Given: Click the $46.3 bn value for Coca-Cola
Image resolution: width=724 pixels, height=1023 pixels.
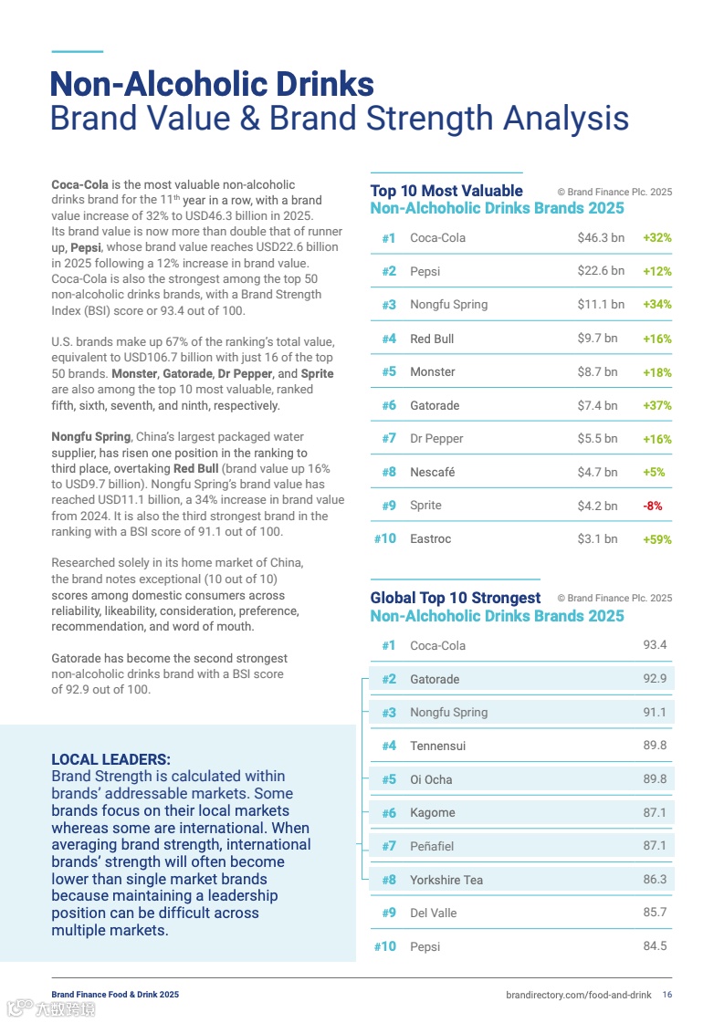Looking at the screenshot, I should click(601, 237).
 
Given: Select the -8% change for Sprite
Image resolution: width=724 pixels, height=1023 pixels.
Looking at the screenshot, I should click(653, 506).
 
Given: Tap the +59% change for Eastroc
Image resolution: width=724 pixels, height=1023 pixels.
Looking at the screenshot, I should click(656, 539).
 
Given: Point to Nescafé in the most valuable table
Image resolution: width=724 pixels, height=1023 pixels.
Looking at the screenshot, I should click(433, 472).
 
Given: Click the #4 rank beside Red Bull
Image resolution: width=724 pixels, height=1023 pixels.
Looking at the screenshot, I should click(389, 339).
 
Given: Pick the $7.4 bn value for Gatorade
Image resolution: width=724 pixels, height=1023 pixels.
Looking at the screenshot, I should click(597, 405).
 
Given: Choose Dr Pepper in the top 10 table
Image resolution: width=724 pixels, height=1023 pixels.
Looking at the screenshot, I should click(436, 438).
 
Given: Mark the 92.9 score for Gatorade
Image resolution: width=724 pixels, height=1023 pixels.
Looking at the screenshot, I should click(655, 679).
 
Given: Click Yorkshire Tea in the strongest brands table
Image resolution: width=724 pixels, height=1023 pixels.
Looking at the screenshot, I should click(446, 880).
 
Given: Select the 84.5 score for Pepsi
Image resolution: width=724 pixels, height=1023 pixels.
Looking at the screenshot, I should click(655, 946).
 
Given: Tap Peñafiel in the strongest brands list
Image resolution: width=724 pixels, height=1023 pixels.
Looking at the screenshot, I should click(432, 846).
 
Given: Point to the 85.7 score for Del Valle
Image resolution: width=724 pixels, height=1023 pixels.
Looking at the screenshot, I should click(655, 913).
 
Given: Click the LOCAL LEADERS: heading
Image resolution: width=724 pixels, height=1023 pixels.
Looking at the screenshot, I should click(110, 759).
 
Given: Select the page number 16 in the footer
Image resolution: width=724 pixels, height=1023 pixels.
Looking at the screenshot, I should click(667, 994).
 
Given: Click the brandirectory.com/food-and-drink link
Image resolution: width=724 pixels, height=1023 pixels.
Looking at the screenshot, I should click(578, 994).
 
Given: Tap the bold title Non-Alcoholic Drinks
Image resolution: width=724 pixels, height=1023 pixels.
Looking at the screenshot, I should click(212, 84).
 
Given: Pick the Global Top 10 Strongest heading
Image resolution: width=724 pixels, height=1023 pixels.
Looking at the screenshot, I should click(456, 598).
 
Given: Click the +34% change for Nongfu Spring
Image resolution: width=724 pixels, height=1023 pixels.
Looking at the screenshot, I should click(656, 305).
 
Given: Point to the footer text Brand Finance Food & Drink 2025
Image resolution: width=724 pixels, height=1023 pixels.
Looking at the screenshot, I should click(115, 994).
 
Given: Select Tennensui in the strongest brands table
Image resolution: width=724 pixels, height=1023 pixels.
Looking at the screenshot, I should click(437, 746).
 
